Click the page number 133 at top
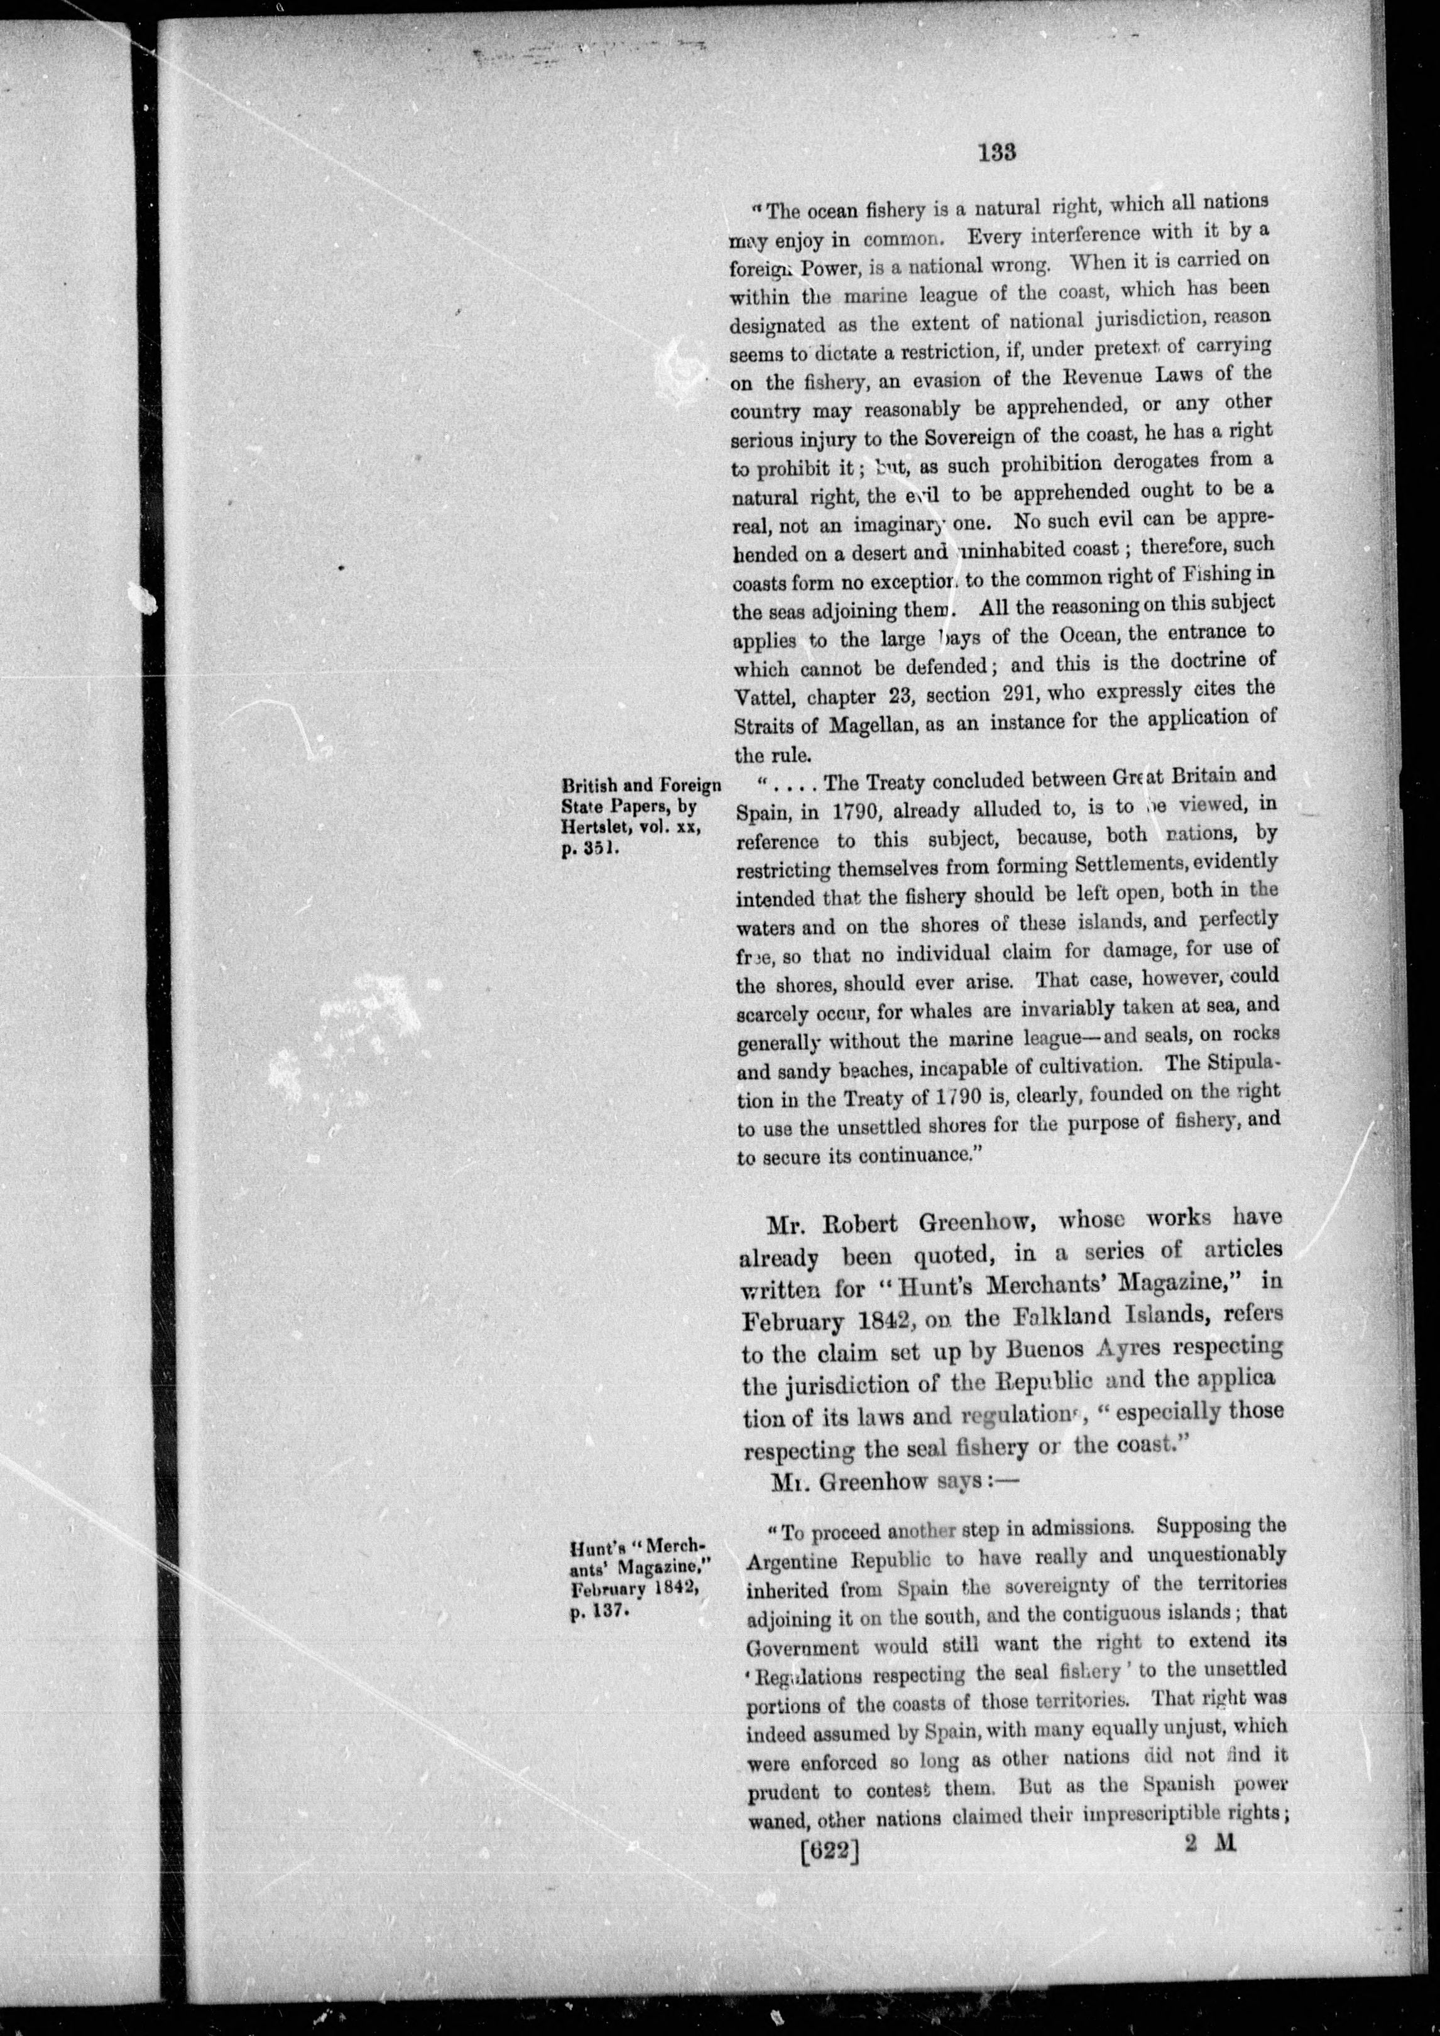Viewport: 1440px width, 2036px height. pos(998,151)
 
